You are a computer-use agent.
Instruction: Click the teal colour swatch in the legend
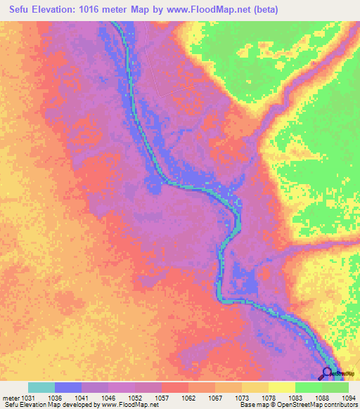[x=41, y=387]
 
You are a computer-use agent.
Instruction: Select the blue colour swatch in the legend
[x=68, y=387]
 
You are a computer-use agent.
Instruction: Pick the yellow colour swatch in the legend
[x=282, y=387]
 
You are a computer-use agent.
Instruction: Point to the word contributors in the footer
[x=340, y=405]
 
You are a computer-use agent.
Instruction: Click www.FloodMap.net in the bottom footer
[x=122, y=405]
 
